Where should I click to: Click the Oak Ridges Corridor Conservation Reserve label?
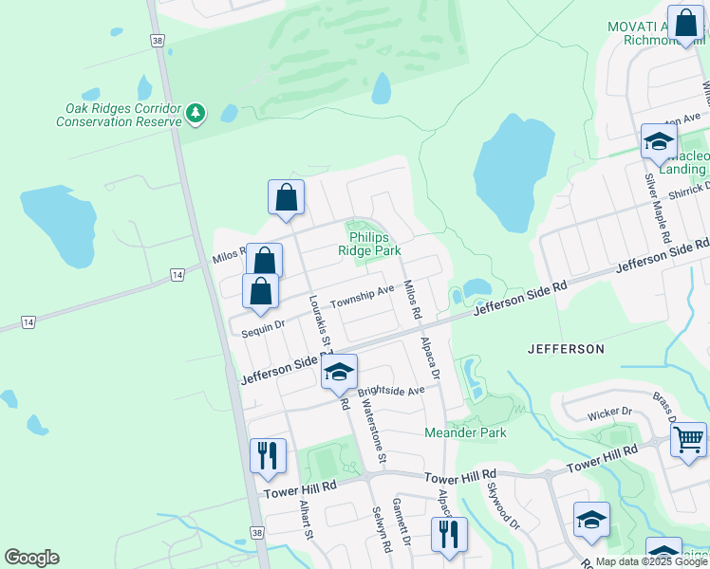119,115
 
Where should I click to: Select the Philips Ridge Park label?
374,244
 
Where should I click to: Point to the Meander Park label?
464,432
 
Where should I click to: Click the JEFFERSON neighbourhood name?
566,349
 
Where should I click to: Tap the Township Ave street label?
361,296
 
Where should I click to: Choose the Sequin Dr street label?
263,324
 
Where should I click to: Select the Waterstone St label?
371,431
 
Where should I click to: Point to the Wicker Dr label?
609,412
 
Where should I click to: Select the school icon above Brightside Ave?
337,371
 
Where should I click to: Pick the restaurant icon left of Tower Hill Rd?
268,455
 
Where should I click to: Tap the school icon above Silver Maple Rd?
658,141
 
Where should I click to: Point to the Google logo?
31,558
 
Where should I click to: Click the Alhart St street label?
306,520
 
